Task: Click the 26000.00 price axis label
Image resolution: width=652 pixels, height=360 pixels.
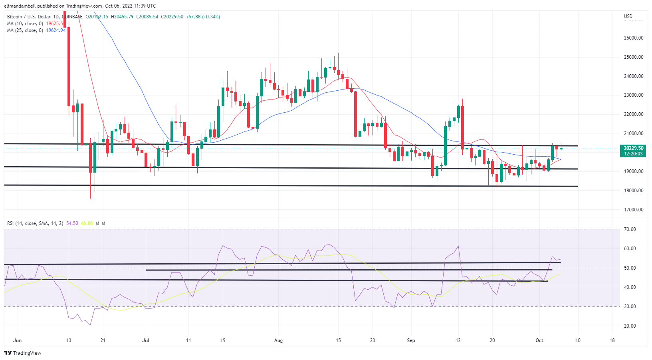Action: click(x=633, y=38)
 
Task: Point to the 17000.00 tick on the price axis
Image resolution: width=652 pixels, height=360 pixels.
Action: click(x=633, y=209)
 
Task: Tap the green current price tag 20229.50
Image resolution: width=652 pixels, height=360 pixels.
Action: click(x=633, y=148)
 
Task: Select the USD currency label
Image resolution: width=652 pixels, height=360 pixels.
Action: click(x=628, y=16)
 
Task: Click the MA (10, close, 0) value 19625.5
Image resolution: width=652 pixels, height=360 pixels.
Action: click(x=55, y=24)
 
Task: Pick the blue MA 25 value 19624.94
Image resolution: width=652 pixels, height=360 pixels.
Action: click(x=56, y=30)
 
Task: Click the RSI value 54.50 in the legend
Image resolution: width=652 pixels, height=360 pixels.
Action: click(x=72, y=223)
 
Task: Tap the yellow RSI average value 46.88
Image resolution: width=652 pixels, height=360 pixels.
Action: click(x=87, y=223)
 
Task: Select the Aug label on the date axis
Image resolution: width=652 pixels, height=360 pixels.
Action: click(x=278, y=340)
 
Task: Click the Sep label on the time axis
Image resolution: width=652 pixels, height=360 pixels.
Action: click(x=411, y=340)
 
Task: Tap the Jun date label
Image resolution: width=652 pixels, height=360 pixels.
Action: click(x=17, y=340)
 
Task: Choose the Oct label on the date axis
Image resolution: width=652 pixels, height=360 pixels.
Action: click(x=539, y=340)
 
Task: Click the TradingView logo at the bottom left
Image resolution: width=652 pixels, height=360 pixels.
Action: click(x=23, y=353)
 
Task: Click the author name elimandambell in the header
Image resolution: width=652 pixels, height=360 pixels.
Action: click(x=20, y=6)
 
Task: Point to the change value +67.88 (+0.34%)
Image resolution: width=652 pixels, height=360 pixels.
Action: click(x=203, y=17)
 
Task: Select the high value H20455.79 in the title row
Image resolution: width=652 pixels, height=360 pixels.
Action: click(x=122, y=17)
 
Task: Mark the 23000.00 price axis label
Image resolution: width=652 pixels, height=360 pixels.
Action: click(x=633, y=95)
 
